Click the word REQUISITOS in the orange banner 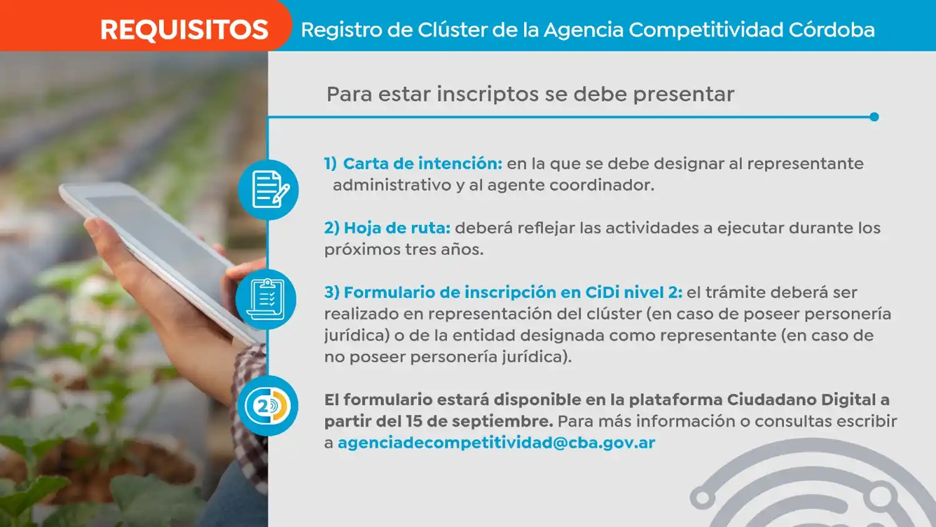[x=184, y=30]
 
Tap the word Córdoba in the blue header [x=832, y=30]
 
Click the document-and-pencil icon [x=268, y=189]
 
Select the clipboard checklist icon [x=266, y=300]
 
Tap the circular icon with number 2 [x=268, y=406]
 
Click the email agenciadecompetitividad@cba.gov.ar [x=497, y=443]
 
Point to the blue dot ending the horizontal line [x=874, y=117]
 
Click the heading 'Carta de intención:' [x=422, y=164]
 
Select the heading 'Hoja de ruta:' [x=397, y=228]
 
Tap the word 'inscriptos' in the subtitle [x=488, y=94]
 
